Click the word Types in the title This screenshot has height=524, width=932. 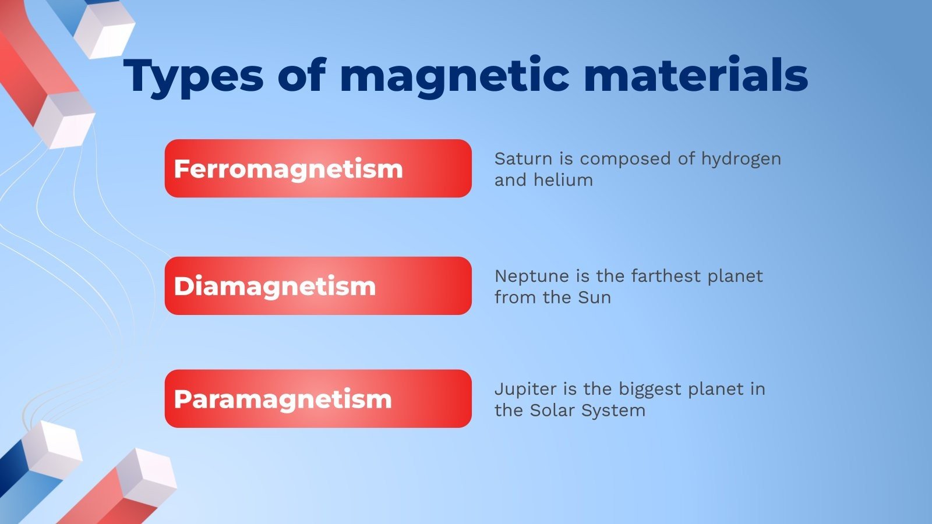pyautogui.click(x=193, y=76)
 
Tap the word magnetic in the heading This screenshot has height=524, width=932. pyautogui.click(x=454, y=76)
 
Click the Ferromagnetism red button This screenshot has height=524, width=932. pyautogui.click(x=317, y=168)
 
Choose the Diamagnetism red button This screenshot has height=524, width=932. pyautogui.click(x=317, y=286)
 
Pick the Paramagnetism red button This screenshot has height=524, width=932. pyautogui.click(x=317, y=399)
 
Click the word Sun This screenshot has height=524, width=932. pyautogui.click(x=594, y=298)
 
